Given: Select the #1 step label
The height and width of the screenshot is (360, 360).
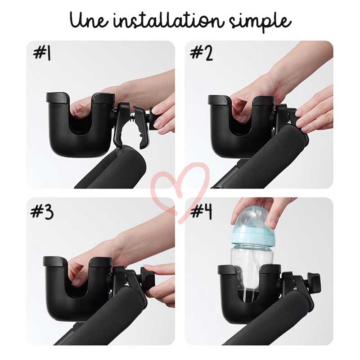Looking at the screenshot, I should coord(42,54).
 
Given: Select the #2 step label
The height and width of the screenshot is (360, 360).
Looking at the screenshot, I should coord(202,54).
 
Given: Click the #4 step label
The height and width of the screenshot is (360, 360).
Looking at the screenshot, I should coord(201,211).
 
